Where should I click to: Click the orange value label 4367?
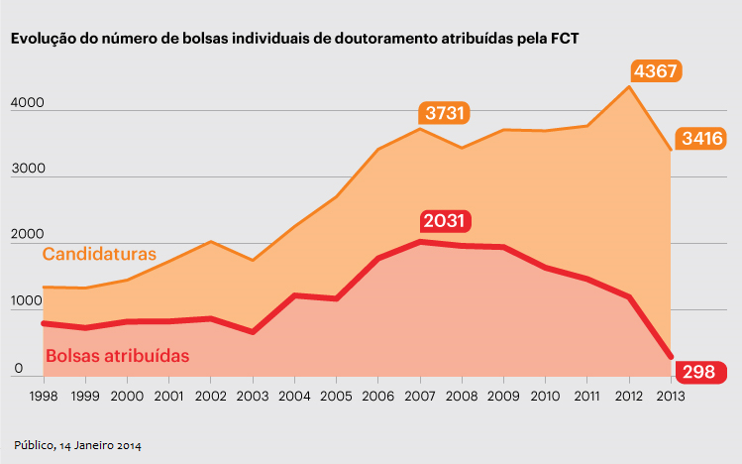click(x=658, y=71)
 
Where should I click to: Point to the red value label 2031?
click(x=445, y=221)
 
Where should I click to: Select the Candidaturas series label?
click(x=99, y=255)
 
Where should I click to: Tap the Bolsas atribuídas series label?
click(x=117, y=354)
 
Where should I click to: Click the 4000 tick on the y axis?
click(x=29, y=102)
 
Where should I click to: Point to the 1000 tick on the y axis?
click(x=29, y=303)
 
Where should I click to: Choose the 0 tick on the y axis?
click(x=18, y=370)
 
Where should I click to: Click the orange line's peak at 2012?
click(x=628, y=86)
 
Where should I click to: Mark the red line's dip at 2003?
click(x=252, y=331)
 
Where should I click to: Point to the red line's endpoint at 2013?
click(x=671, y=356)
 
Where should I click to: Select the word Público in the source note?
click(x=36, y=445)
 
